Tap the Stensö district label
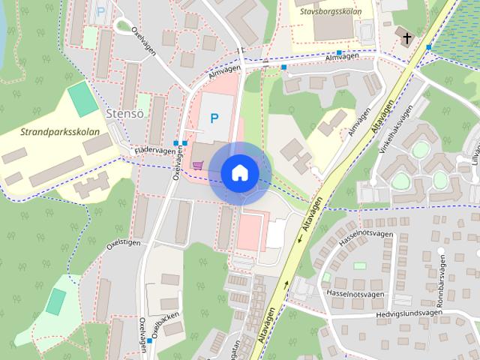tap(126, 114)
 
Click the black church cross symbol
tap(406, 38)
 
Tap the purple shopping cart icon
tap(197, 165)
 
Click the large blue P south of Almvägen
tap(214, 118)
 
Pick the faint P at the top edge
tap(100, 12)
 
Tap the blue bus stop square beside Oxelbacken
tap(150, 341)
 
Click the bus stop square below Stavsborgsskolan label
tap(340, 53)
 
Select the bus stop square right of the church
tap(428, 47)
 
